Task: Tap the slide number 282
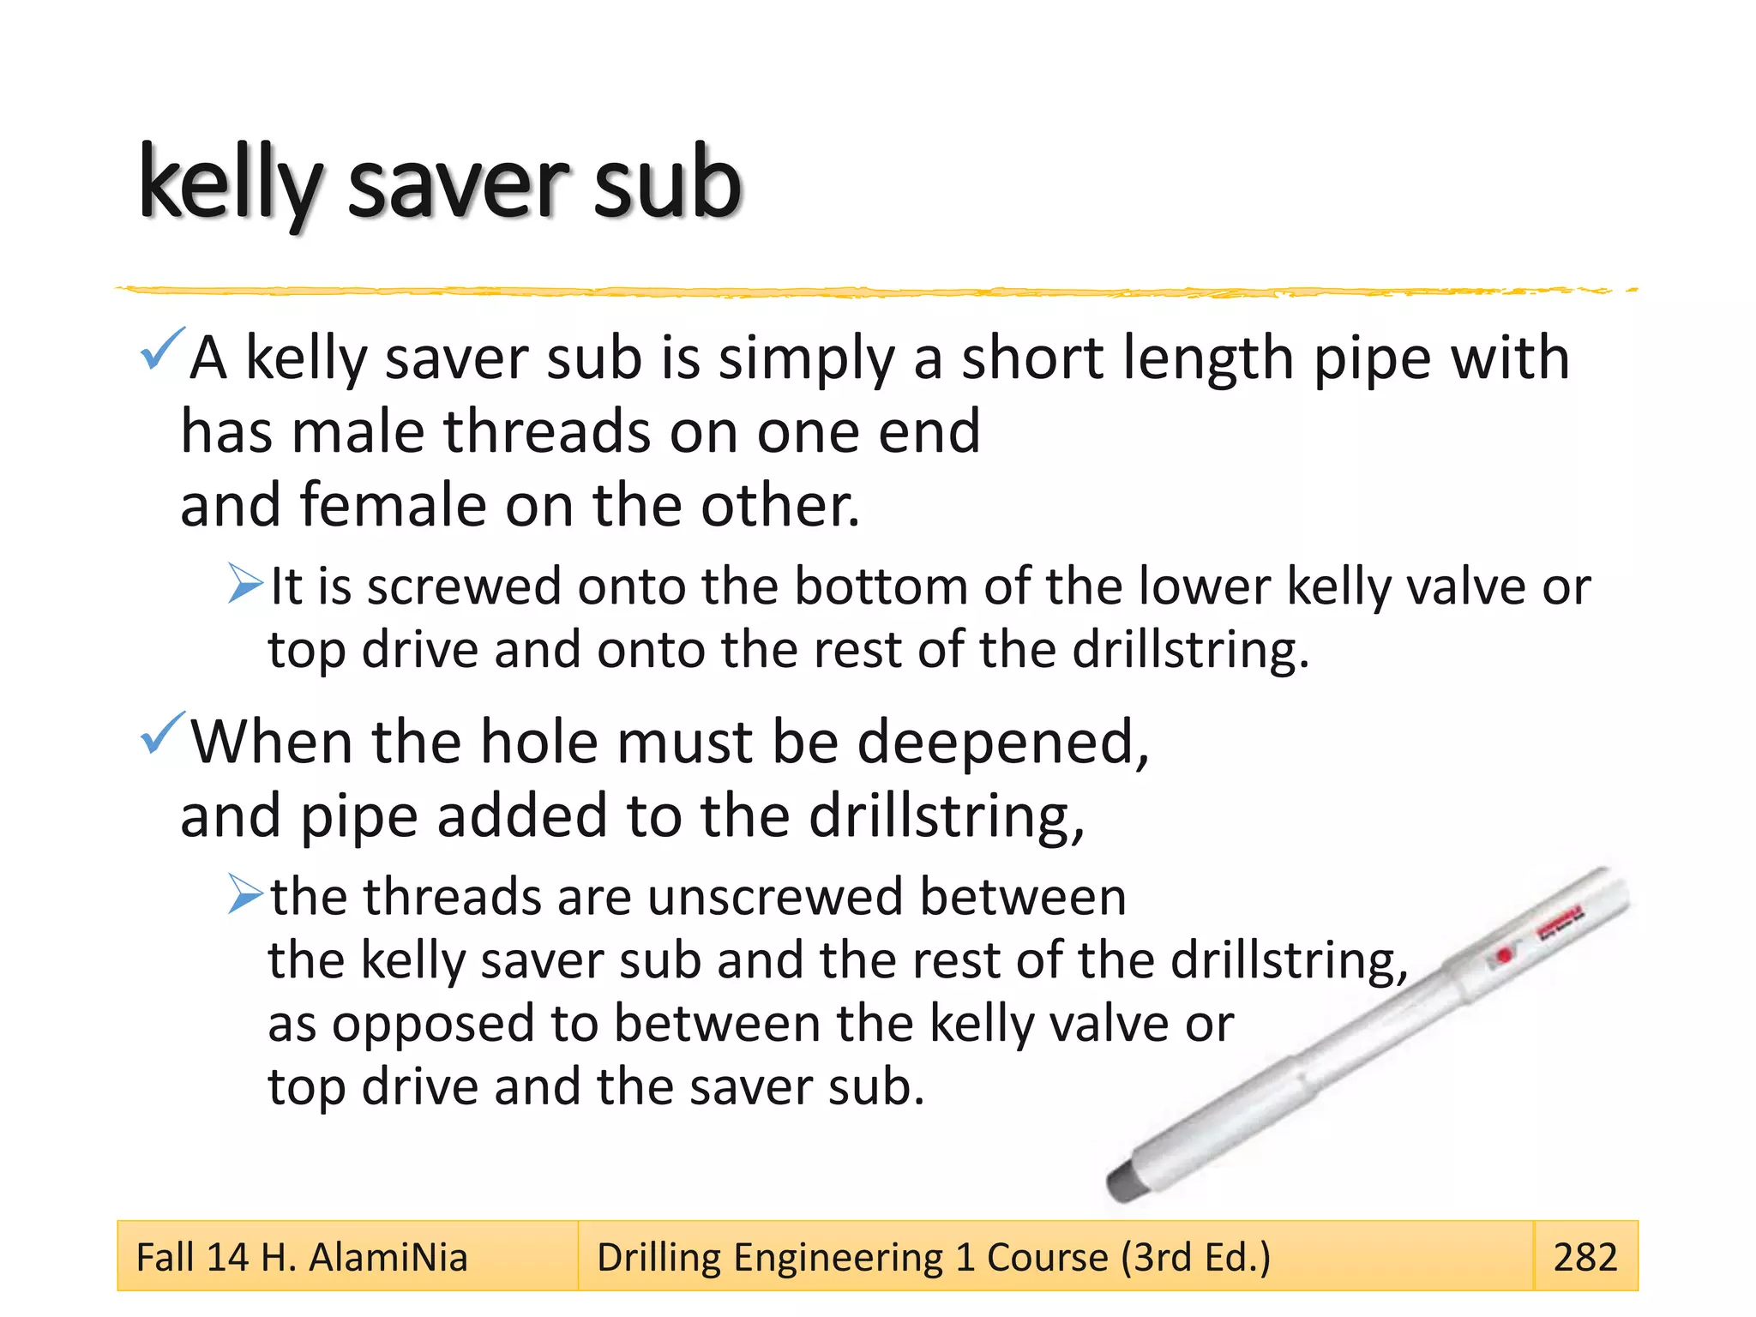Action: click(1585, 1257)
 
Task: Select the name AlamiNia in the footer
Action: click(388, 1257)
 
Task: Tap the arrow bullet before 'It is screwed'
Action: click(245, 584)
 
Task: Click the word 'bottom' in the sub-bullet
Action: click(880, 587)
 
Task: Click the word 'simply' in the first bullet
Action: click(806, 359)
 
